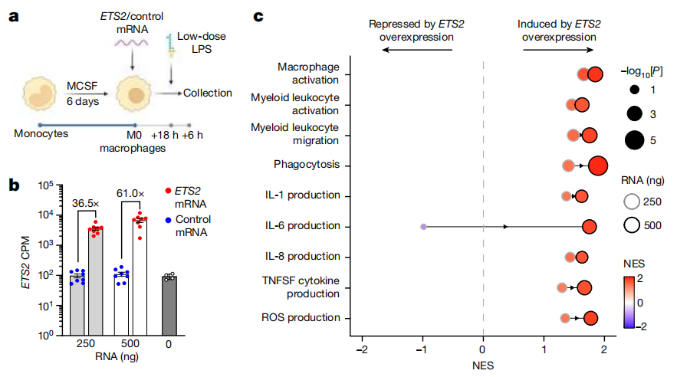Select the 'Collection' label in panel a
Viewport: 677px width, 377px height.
[x=207, y=93]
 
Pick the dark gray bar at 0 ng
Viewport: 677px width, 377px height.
[x=169, y=304]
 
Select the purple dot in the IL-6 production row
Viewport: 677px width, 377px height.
[x=423, y=227]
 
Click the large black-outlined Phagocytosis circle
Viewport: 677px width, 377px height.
[x=598, y=164]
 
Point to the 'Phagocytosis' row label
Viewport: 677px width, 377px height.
[x=307, y=165]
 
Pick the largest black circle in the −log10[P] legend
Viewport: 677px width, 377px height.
[x=634, y=140]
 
